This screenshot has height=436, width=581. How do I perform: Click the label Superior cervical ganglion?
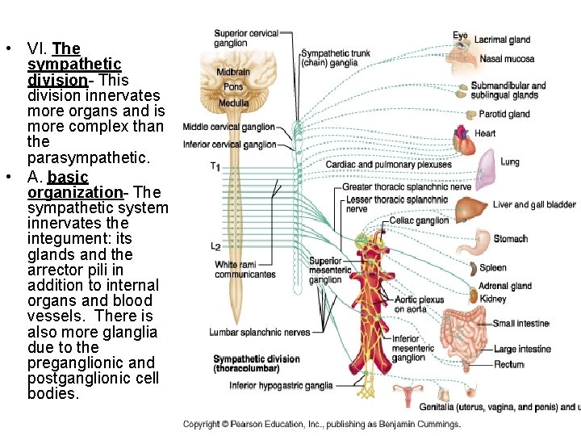click(246, 38)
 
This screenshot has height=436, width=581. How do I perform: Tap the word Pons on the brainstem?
click(233, 87)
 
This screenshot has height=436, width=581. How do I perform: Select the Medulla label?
click(233, 103)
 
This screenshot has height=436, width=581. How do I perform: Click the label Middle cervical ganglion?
click(229, 127)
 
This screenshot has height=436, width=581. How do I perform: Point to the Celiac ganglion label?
click(419, 220)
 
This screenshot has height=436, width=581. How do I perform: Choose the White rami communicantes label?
click(245, 270)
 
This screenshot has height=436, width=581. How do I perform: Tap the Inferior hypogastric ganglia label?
click(281, 386)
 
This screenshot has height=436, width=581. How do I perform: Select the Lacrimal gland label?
click(502, 40)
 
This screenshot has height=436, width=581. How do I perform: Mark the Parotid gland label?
click(504, 115)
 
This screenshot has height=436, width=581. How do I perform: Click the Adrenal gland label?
click(504, 286)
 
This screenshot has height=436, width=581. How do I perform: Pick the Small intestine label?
click(520, 324)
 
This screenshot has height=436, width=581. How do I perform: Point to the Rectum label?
click(509, 365)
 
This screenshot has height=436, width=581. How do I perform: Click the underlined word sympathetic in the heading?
click(74, 64)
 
